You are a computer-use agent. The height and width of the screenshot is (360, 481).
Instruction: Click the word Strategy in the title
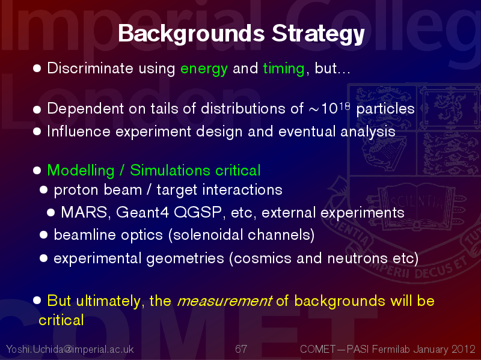point(318,34)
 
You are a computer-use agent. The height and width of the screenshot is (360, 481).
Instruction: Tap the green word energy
point(204,69)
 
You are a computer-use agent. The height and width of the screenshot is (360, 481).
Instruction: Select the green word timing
point(283,69)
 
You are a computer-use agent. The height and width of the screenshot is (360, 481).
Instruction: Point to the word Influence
point(79,131)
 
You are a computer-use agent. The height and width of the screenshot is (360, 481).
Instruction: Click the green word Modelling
point(81,171)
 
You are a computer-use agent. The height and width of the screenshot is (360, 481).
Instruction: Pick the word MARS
point(84,212)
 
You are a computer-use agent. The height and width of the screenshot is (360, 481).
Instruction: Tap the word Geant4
point(142,212)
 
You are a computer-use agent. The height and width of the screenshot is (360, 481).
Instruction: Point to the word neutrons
point(357,258)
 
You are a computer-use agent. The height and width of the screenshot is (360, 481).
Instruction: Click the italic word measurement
point(224,301)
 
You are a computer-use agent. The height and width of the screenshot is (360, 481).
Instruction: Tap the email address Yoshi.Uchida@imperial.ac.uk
point(70,349)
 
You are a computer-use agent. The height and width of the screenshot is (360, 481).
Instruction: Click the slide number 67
point(241,349)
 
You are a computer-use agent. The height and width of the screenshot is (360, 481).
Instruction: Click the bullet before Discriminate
point(37,69)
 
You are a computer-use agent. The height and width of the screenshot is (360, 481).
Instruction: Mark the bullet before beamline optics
point(43,235)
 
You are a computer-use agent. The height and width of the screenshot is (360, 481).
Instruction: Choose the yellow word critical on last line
point(61,320)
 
